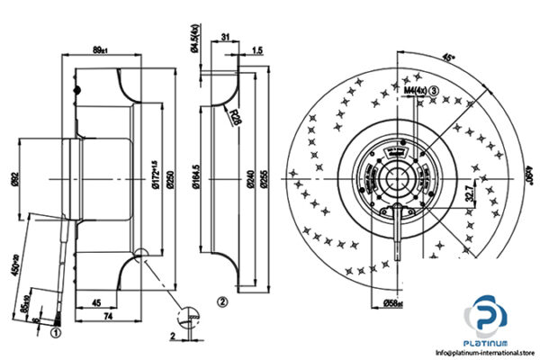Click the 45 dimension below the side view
[94, 303]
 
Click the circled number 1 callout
[56, 331]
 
